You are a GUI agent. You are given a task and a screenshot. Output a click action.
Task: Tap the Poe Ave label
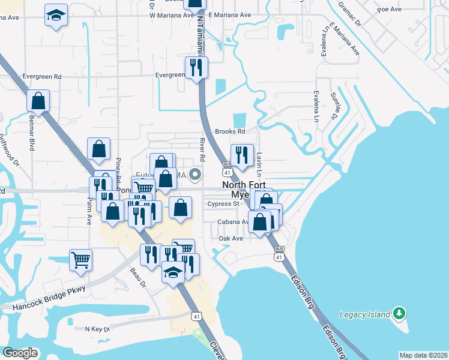click(388, 10)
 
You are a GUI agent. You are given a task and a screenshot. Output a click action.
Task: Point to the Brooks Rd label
click(230, 131)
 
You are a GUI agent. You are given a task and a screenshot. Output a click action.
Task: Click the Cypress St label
click(223, 204)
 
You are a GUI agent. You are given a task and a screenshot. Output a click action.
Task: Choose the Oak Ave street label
click(231, 238)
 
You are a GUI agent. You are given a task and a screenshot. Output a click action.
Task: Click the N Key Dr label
click(97, 329)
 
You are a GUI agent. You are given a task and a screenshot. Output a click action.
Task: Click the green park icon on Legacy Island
click(399, 313)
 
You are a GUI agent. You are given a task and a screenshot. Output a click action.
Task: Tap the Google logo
click(20, 353)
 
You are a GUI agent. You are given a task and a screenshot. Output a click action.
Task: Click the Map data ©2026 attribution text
click(423, 355)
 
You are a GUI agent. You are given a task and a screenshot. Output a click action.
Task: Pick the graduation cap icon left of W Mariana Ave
click(56, 15)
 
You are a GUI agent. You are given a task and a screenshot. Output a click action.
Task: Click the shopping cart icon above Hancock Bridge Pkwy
click(80, 260)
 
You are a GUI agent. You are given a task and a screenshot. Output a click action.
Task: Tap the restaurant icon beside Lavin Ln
click(242, 155)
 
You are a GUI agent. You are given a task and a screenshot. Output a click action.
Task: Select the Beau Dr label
click(139, 278)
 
